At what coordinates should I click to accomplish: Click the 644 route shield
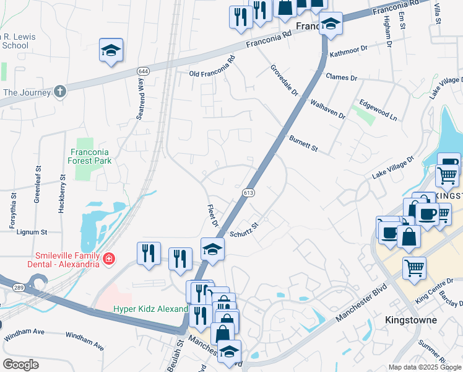143,71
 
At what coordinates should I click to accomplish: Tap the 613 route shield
248,193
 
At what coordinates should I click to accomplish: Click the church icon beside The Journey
59,92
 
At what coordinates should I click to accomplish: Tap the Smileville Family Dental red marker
109,258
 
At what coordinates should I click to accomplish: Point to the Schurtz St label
243,229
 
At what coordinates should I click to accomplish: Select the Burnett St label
303,143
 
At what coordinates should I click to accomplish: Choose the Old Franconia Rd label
212,67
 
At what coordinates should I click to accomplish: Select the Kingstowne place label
411,321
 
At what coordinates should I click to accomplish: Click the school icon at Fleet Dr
212,250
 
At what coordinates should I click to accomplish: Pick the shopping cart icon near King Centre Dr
414,268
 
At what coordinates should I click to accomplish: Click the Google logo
21,365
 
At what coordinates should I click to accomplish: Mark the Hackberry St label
61,198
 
